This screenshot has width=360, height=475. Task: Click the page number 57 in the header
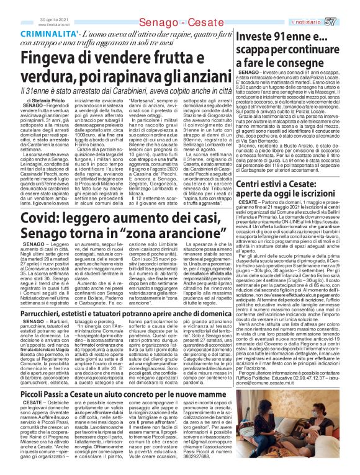pos(348,6)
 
